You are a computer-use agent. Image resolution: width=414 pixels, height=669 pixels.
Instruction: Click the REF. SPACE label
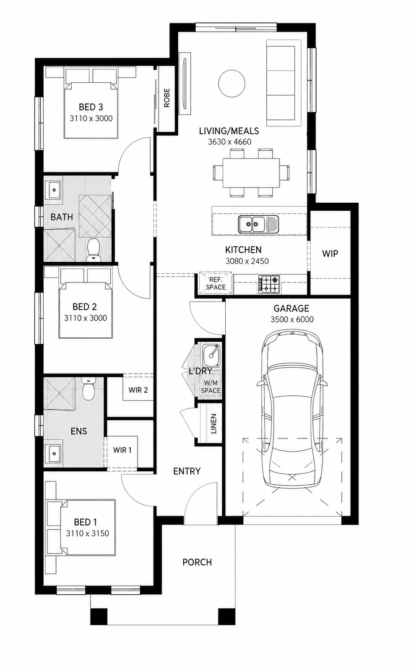[216, 283]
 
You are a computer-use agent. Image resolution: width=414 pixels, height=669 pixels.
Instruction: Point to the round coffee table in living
[232, 84]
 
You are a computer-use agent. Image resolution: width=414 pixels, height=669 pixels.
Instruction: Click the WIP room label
[330, 253]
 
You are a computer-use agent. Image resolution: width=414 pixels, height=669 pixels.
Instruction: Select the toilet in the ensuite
[89, 389]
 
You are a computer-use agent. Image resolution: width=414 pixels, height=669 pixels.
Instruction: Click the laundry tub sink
[211, 355]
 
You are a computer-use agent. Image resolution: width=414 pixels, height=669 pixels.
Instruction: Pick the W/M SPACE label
[211, 387]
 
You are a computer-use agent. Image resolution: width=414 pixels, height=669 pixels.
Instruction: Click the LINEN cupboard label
[214, 424]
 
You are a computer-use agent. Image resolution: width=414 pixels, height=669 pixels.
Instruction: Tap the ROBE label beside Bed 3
[167, 98]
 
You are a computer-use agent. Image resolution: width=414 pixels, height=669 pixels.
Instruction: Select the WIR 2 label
[138, 390]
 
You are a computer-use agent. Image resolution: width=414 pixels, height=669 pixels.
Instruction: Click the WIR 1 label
[122, 450]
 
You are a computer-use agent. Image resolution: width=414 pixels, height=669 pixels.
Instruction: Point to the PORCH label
[197, 562]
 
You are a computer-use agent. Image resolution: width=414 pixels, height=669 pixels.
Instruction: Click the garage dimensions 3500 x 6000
[292, 319]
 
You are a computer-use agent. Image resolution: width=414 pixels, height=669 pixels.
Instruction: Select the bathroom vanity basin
[53, 190]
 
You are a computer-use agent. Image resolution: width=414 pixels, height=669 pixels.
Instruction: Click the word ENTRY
[187, 471]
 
